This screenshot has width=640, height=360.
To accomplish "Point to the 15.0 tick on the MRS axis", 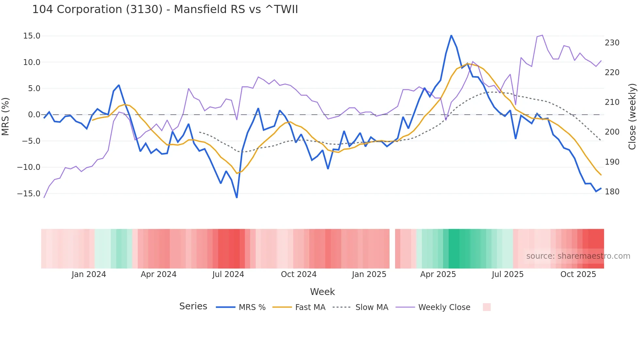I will [x=32, y=36].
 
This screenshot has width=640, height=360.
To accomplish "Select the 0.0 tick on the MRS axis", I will [x=34, y=115].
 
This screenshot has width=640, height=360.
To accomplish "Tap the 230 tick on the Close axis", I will [x=612, y=43].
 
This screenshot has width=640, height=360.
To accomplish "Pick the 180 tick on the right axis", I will [x=612, y=192].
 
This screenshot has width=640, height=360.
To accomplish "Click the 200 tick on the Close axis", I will [x=612, y=132].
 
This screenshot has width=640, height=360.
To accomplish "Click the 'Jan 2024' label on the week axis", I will [x=89, y=274].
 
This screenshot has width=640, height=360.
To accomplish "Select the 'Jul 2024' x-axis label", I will [x=228, y=274].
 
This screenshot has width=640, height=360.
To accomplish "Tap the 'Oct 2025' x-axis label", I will [x=578, y=274].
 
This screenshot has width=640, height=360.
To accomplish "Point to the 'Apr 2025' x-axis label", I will [x=438, y=274].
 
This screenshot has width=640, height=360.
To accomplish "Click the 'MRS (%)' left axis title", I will [x=6, y=116].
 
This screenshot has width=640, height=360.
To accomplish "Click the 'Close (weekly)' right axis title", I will [x=632, y=116].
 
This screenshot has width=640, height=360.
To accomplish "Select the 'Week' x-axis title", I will [x=322, y=292].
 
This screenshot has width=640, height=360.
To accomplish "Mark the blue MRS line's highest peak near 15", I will [x=451, y=36].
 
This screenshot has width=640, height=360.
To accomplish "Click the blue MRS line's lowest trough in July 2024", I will [x=237, y=197].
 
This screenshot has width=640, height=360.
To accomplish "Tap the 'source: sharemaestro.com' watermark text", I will [x=578, y=256].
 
